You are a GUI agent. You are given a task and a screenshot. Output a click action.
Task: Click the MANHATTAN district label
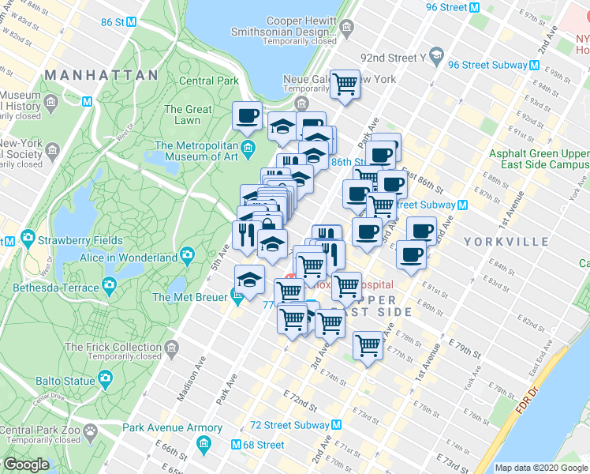pyautogui.click(x=101, y=75)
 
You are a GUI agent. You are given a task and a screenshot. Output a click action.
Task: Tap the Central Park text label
pyautogui.click(x=209, y=81)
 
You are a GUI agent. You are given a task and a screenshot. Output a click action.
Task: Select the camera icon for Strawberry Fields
pyautogui.click(x=27, y=239)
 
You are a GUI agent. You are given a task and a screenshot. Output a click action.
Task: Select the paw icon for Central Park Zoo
pyautogui.click(x=90, y=431)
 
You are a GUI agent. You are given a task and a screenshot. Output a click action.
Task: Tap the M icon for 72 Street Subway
pyautogui.click(x=337, y=425)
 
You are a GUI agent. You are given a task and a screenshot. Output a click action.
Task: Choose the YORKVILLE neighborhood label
pyautogui.click(x=517, y=241)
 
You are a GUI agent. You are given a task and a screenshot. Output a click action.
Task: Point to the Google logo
pyautogui.click(x=27, y=465)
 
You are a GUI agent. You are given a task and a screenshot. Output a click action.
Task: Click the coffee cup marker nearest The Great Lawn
pyautogui.click(x=247, y=115)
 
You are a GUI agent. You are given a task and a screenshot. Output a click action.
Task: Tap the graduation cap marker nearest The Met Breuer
pyautogui.click(x=250, y=280)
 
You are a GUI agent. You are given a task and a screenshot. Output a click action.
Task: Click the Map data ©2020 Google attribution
pyautogui.click(x=541, y=468)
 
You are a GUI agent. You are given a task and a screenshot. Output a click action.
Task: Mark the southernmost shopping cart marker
pyautogui.click(x=368, y=344)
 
